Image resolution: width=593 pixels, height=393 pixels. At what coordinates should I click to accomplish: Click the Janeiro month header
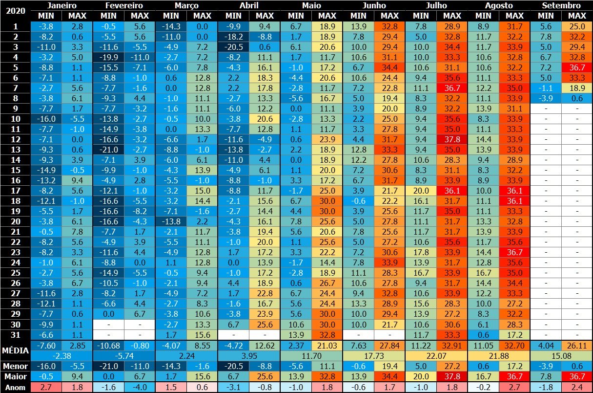click(x=61, y=5)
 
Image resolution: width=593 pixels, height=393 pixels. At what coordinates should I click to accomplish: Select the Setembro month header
click(x=561, y=5)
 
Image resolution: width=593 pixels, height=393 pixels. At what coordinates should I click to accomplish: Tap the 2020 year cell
click(x=15, y=10)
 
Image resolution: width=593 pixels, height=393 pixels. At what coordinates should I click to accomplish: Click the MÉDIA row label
click(x=15, y=350)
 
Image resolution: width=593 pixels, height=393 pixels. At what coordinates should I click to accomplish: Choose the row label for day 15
click(x=15, y=170)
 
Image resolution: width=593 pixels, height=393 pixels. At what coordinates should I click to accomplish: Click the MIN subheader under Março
click(x=171, y=15)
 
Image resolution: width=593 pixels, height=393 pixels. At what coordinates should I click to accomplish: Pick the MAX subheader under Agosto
click(x=514, y=15)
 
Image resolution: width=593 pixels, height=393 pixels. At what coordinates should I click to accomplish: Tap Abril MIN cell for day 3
click(x=233, y=46)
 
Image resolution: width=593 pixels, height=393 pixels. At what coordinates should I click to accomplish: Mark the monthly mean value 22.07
click(x=436, y=355)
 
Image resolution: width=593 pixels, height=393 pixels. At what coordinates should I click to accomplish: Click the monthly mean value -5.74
click(x=124, y=355)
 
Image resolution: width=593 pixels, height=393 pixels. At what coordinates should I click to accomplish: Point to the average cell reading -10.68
click(x=108, y=346)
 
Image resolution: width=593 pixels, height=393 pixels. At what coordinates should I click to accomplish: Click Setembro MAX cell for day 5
click(x=577, y=67)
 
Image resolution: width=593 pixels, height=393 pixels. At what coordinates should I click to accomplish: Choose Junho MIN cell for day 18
click(x=358, y=200)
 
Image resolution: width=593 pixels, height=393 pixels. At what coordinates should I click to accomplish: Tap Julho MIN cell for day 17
click(x=421, y=190)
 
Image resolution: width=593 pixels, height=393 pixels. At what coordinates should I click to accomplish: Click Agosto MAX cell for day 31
click(x=514, y=334)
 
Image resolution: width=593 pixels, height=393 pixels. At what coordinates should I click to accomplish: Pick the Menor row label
click(x=15, y=366)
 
